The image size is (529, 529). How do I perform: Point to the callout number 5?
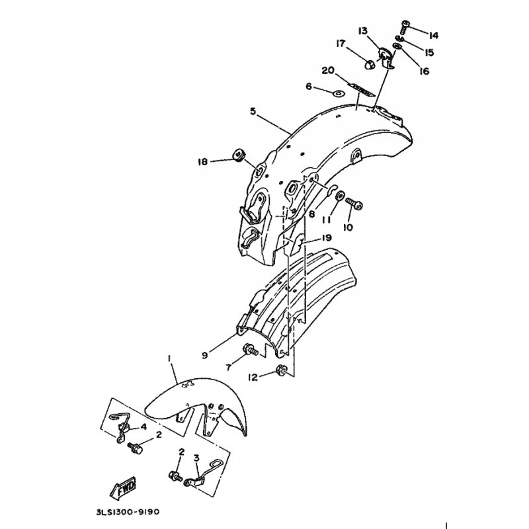coord(253,112)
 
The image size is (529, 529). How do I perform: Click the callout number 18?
coord(202,161)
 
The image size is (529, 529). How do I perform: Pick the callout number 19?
coord(327,237)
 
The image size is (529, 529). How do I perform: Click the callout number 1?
coord(170,360)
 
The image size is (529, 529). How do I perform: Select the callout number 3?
coord(196,457)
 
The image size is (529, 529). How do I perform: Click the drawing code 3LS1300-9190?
coord(127,511)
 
